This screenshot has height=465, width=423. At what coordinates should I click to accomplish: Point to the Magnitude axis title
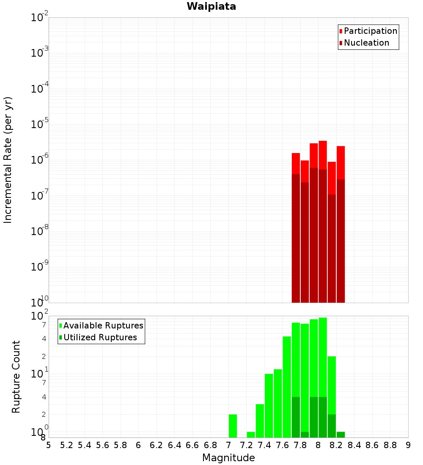(228, 458)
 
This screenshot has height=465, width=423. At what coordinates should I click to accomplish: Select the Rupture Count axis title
(16, 377)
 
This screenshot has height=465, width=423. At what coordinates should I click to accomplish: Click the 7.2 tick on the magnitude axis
(247, 445)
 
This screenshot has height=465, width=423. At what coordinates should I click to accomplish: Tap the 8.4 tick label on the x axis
(354, 445)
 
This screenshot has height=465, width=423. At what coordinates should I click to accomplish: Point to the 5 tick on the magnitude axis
(49, 445)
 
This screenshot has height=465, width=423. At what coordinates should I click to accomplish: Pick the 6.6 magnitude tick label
(192, 445)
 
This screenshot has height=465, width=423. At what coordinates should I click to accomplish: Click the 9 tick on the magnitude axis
(408, 445)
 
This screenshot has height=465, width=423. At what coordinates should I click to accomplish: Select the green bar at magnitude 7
(233, 426)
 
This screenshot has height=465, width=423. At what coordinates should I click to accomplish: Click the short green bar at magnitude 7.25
(251, 435)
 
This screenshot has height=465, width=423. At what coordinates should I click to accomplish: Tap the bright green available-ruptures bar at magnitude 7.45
(269, 406)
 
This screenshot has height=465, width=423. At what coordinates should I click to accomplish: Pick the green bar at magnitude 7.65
(287, 387)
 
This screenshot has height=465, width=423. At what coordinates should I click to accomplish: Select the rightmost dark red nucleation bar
(341, 241)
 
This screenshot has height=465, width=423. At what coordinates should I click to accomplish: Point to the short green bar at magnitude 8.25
(341, 435)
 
